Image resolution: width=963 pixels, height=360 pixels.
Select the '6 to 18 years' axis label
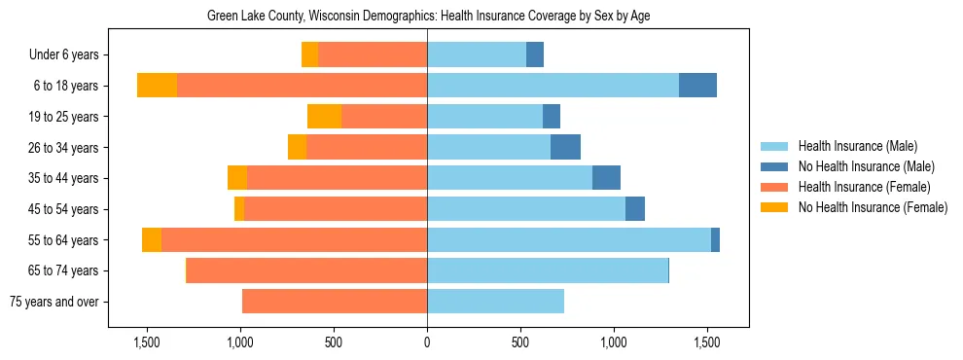(65, 86)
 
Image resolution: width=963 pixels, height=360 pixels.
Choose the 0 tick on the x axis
(427, 342)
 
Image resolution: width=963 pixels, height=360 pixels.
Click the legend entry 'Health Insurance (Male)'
(857, 146)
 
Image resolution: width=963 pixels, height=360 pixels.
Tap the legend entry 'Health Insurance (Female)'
(864, 187)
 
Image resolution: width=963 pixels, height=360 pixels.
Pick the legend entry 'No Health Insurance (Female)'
(873, 207)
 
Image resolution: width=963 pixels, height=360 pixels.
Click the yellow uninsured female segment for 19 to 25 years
(324, 117)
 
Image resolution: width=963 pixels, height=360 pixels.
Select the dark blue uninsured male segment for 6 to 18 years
(697, 86)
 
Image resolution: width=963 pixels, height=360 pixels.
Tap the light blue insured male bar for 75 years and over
(495, 302)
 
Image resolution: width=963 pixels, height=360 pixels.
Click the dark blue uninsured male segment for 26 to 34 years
(565, 147)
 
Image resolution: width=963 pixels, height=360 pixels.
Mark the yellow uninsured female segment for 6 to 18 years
(157, 86)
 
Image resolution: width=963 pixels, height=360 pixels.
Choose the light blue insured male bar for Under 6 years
(477, 55)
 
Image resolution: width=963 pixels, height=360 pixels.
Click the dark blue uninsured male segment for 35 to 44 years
(606, 178)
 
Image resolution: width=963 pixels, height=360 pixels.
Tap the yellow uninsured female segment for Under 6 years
(309, 55)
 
